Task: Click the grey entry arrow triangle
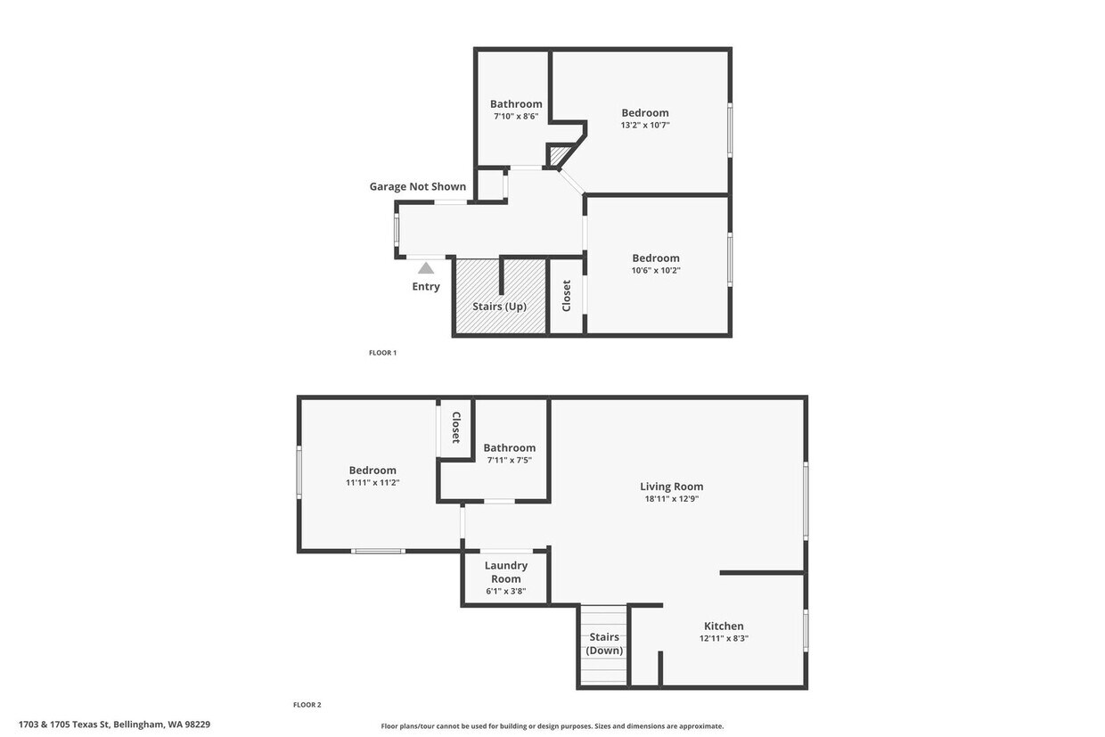click(426, 267)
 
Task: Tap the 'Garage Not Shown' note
click(418, 186)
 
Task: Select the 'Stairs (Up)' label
click(499, 307)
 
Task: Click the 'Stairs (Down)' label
click(604, 643)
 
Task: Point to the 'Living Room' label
click(671, 487)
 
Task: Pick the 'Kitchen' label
click(724, 626)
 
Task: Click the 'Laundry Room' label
click(505, 571)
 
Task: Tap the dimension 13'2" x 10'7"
click(645, 126)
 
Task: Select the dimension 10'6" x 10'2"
click(656, 270)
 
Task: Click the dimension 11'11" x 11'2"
click(372, 482)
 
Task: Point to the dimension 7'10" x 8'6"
click(516, 116)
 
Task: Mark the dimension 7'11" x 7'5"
click(509, 460)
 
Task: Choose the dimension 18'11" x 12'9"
click(671, 499)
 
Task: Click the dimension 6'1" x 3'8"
click(505, 591)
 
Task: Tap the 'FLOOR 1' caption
click(382, 353)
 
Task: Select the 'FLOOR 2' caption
click(307, 705)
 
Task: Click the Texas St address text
click(114, 725)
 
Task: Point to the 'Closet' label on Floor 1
click(566, 296)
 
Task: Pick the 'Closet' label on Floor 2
click(455, 427)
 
